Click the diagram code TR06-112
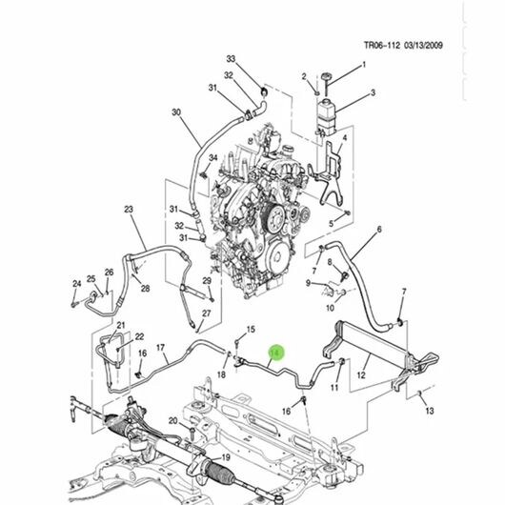(x=383, y=45)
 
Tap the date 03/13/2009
(x=423, y=45)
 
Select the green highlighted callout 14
(x=276, y=353)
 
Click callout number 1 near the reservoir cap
(x=364, y=65)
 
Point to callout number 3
(x=373, y=92)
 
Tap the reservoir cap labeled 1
(x=326, y=76)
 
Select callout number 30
(x=176, y=112)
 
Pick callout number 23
(x=129, y=210)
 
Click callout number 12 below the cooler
(x=361, y=374)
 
